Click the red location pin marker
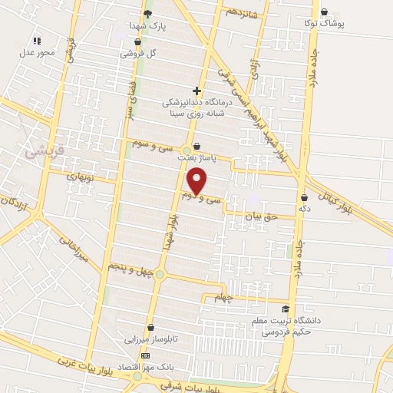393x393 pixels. coord(198,180)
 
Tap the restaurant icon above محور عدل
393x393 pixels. coord(36,41)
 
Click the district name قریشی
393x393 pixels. coord(25,153)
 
